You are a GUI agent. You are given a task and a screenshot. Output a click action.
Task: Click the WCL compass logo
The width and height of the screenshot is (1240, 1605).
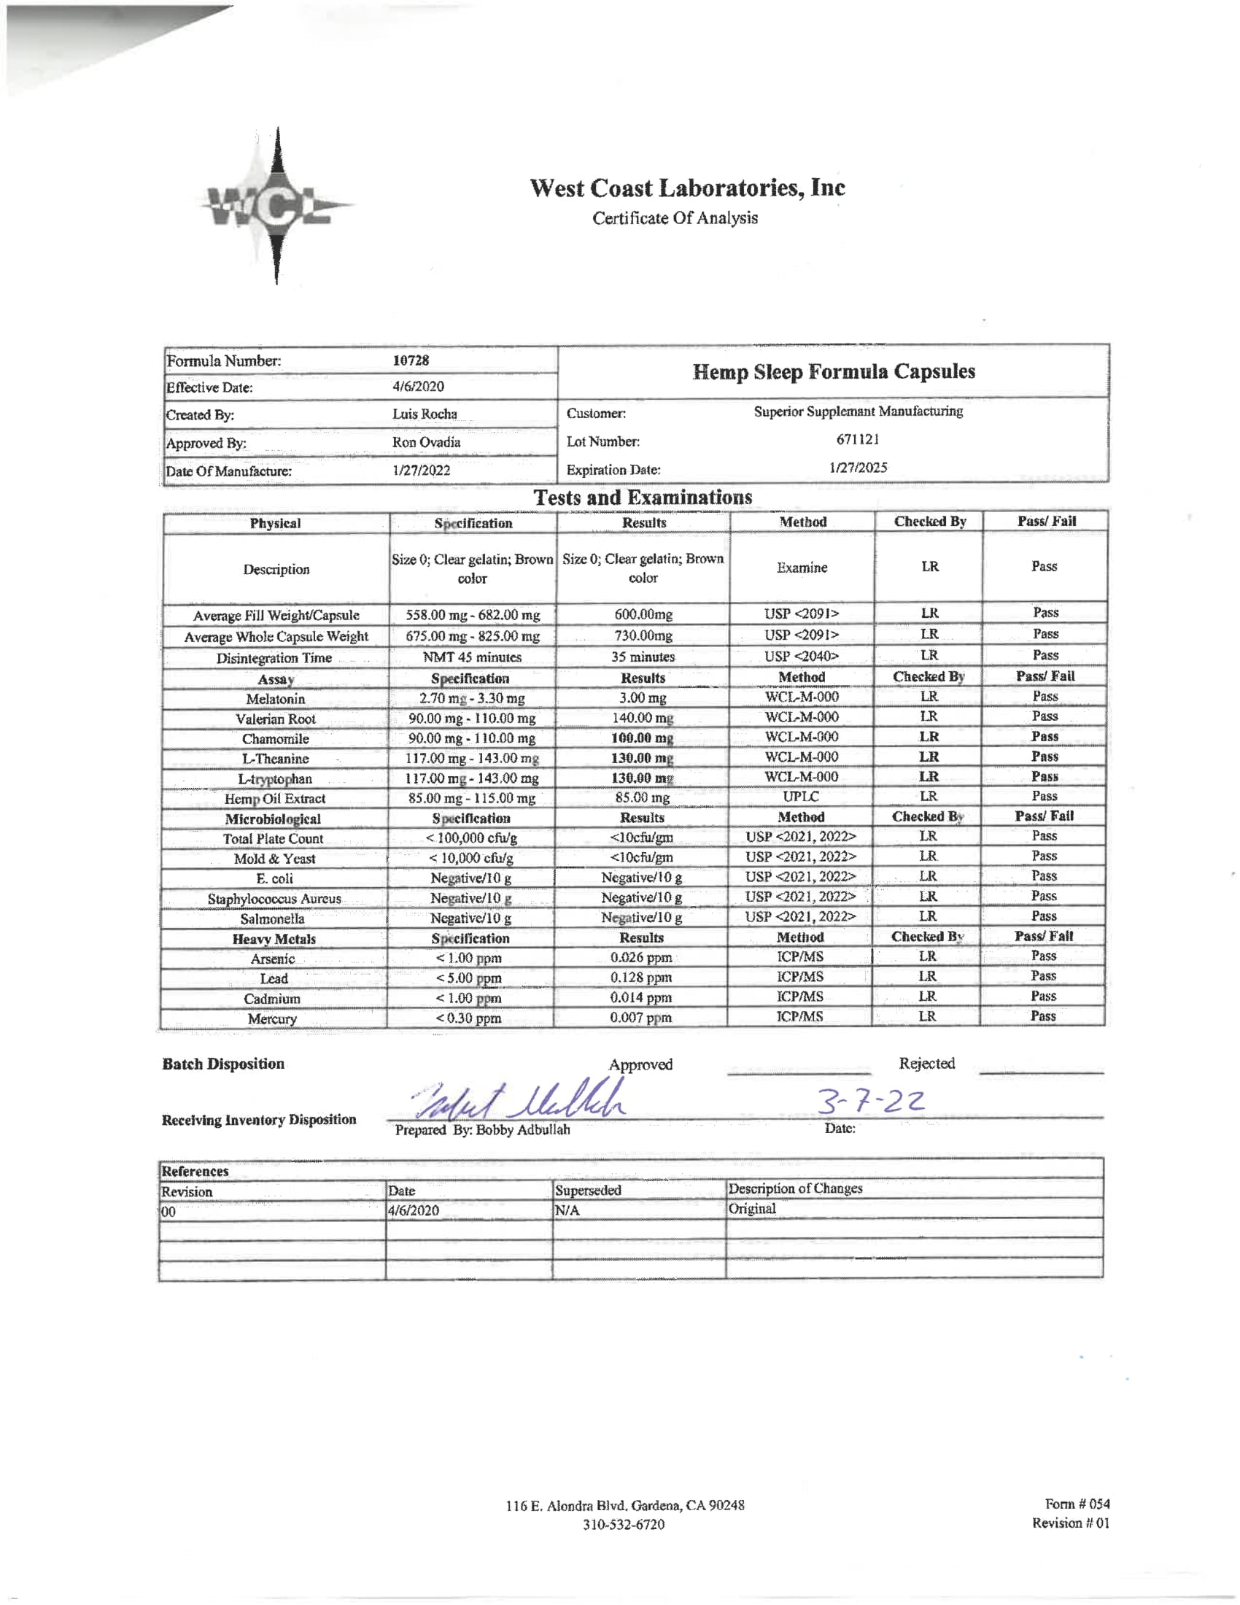pyautogui.click(x=276, y=206)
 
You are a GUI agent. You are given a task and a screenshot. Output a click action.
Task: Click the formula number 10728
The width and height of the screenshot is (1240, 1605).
pyautogui.click(x=411, y=360)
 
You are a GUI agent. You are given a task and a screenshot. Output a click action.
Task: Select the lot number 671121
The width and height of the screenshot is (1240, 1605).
pyautogui.click(x=857, y=439)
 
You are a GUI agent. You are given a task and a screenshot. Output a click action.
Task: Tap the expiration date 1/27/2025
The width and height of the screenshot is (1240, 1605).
pyautogui.click(x=857, y=468)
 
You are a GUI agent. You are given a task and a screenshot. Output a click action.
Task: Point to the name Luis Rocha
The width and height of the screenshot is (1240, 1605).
pyautogui.click(x=424, y=414)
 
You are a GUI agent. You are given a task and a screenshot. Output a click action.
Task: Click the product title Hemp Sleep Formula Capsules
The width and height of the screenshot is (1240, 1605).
pyautogui.click(x=833, y=372)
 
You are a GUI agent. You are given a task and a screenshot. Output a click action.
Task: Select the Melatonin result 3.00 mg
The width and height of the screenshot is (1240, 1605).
pyautogui.click(x=642, y=697)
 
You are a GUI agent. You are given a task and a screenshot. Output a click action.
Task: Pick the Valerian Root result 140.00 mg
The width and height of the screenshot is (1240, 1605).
pyautogui.click(x=642, y=717)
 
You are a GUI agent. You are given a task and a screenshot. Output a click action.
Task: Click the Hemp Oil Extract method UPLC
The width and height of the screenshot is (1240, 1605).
pyautogui.click(x=800, y=797)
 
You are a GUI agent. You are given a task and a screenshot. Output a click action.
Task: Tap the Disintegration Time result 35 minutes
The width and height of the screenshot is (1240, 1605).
pyautogui.click(x=642, y=657)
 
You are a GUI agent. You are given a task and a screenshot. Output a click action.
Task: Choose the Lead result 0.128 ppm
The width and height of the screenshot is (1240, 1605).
pyautogui.click(x=640, y=978)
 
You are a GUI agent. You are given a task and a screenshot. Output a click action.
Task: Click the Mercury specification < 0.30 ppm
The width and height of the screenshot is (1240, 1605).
pyautogui.click(x=469, y=1018)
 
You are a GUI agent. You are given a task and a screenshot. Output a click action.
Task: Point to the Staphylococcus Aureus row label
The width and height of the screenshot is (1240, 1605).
pyautogui.click(x=274, y=899)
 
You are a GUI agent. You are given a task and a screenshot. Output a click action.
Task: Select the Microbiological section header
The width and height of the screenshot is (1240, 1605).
pyautogui.click(x=273, y=819)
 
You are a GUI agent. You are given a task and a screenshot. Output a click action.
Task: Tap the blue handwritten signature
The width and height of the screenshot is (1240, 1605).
pyautogui.click(x=518, y=1101)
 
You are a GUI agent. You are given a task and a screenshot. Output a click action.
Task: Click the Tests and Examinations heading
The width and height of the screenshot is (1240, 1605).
pyautogui.click(x=642, y=498)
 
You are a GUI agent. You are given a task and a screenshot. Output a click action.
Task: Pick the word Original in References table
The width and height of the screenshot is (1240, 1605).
pyautogui.click(x=751, y=1209)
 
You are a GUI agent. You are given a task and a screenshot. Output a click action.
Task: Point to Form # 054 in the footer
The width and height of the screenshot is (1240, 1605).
pyautogui.click(x=1077, y=1504)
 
